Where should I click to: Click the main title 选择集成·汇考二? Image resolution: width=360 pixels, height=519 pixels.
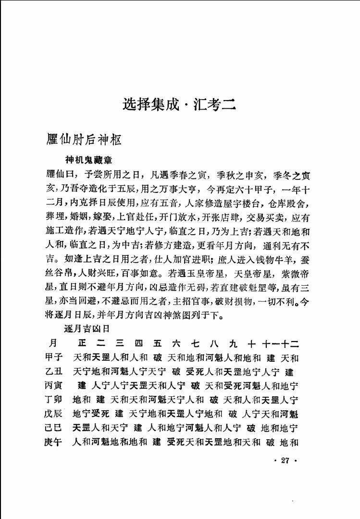179,103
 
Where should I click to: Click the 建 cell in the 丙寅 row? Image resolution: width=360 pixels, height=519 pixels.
82,385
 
